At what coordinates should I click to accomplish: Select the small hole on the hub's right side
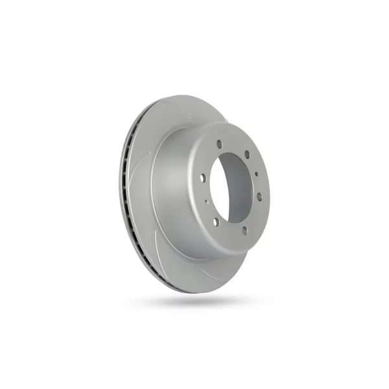tap(257, 174)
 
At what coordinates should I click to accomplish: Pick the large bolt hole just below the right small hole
tap(259, 196)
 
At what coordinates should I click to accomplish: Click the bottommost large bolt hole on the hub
tap(244, 230)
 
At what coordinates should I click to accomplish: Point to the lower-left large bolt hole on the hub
tap(216, 222)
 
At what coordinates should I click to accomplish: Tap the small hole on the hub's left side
tap(206, 202)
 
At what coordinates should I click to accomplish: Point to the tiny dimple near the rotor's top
tap(194, 112)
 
